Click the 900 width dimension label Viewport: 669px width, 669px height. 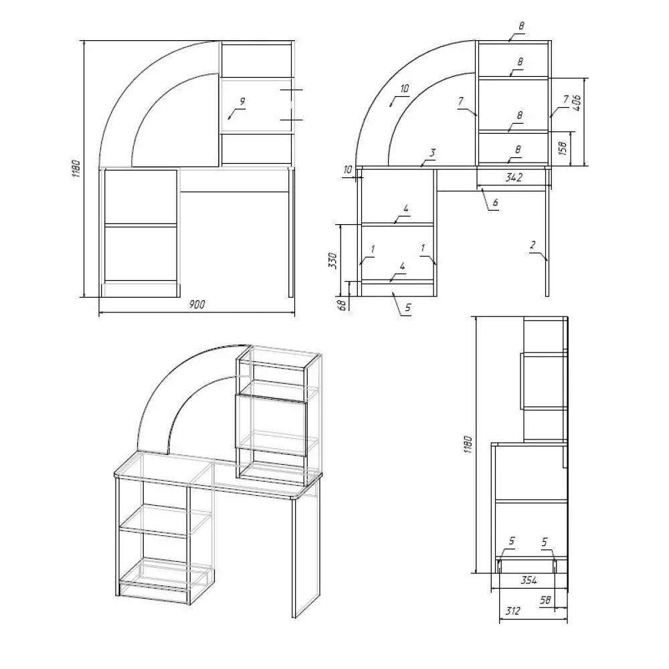coord(197,304)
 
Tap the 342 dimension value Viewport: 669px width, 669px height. coord(514,177)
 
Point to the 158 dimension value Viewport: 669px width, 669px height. coord(563,148)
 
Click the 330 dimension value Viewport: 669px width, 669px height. coord(332,261)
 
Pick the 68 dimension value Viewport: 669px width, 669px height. coord(342,305)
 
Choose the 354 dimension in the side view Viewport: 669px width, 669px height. coord(529,580)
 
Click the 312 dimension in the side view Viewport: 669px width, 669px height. coord(513,611)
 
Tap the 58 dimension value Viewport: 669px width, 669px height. coord(545,600)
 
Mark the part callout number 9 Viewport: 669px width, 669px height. coord(242,102)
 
